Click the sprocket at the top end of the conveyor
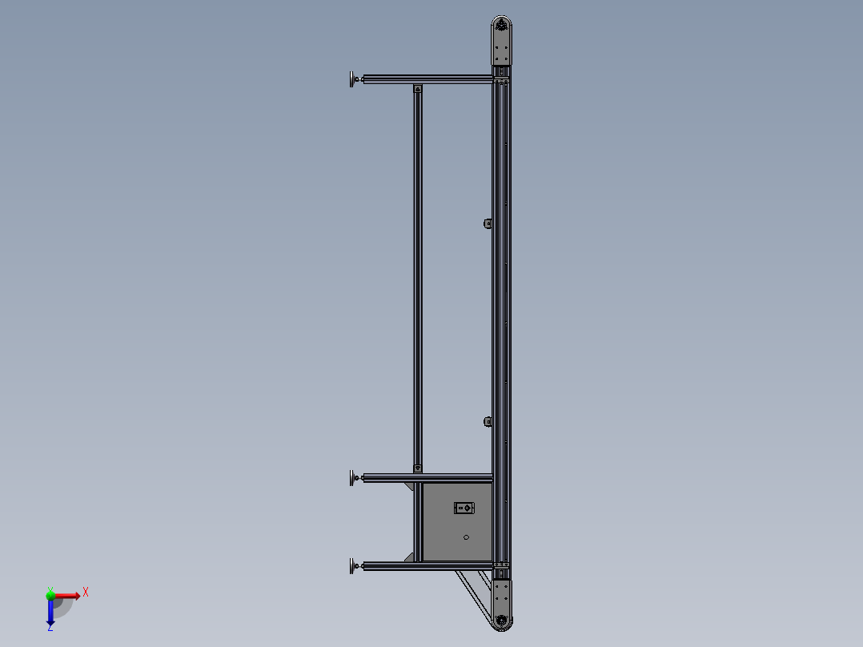click(502, 26)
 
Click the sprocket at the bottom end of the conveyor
click(502, 621)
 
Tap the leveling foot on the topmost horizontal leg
click(352, 78)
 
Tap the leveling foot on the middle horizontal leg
click(352, 478)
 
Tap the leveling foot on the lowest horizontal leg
click(352, 567)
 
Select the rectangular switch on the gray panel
click(464, 508)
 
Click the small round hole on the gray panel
click(466, 537)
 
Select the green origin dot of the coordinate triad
click(50, 595)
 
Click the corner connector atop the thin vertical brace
click(417, 89)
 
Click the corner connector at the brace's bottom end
click(417, 468)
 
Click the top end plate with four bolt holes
click(502, 54)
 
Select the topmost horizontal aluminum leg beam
click(428, 78)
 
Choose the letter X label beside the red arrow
click(86, 592)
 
